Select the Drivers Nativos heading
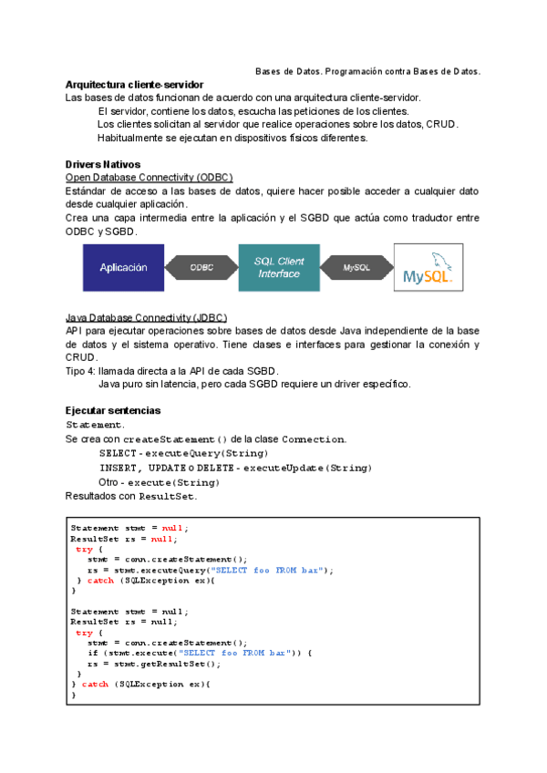coord(103,164)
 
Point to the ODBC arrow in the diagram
coord(201,268)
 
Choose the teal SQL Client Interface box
coord(278,267)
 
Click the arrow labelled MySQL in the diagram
coord(356,268)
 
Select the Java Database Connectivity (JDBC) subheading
coord(147,317)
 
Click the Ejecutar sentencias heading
coord(113,411)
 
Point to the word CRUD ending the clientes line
coord(441,125)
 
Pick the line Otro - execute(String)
coord(159,481)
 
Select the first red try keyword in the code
coord(83,550)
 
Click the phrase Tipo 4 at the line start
coord(81,371)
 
